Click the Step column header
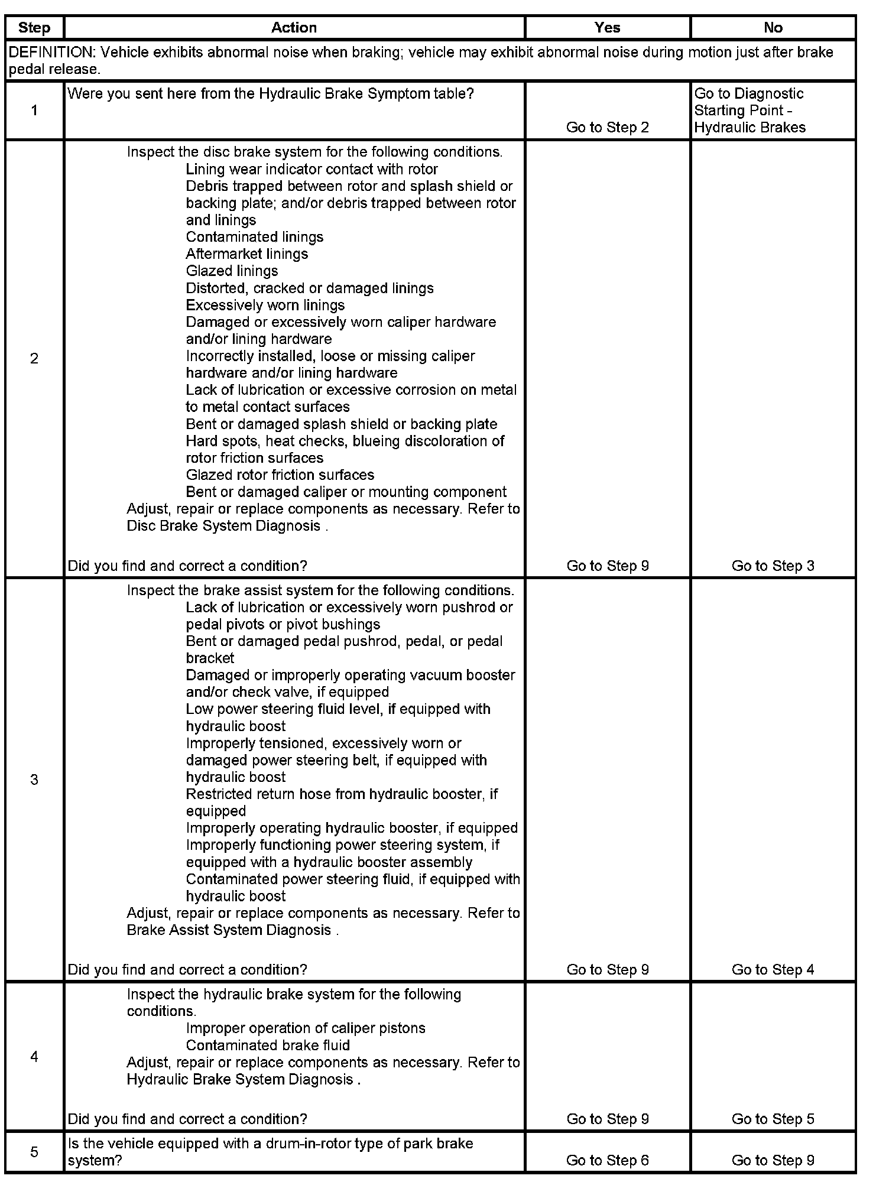point(34,28)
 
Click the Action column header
point(294,28)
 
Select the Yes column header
point(607,28)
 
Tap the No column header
point(773,28)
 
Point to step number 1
point(34,111)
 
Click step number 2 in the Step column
point(34,358)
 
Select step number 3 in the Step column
point(34,780)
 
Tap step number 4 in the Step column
point(34,1056)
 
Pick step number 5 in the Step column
point(34,1152)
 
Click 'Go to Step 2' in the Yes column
point(607,128)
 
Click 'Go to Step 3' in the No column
point(773,566)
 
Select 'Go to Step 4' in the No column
point(773,970)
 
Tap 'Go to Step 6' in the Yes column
point(607,1160)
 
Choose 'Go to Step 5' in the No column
point(773,1119)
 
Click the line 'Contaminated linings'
point(254,238)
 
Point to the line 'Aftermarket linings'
point(246,254)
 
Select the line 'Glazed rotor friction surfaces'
point(280,475)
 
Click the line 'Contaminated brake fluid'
point(268,1045)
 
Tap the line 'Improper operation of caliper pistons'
point(305,1028)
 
